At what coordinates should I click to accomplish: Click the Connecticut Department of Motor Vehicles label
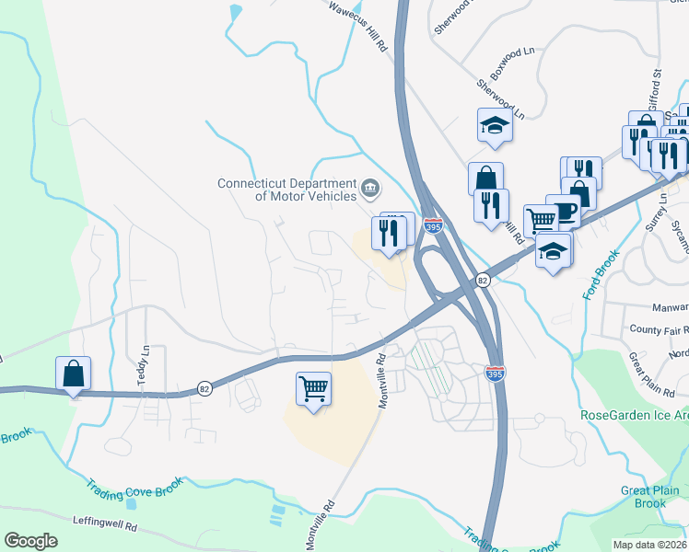(x=286, y=190)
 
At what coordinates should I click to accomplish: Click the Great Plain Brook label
(x=649, y=497)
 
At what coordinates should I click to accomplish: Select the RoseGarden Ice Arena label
(x=634, y=414)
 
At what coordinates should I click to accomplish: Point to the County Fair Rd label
(x=659, y=328)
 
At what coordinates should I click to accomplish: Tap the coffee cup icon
(x=563, y=211)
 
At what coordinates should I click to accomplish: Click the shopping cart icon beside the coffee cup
(x=541, y=220)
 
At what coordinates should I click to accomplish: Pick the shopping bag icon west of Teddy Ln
(x=74, y=374)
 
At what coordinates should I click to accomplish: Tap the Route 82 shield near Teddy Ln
(x=203, y=390)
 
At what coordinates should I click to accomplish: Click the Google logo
(x=31, y=541)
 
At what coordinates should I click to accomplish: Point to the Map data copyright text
(x=648, y=544)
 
